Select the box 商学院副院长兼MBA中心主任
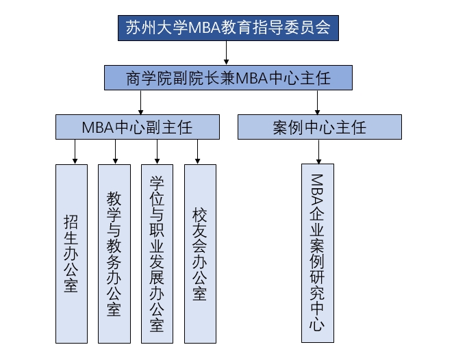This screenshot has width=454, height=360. point(228,77)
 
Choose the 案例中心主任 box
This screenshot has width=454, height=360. point(319,127)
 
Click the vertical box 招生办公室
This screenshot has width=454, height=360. point(71,253)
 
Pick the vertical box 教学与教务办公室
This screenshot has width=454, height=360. point(114,253)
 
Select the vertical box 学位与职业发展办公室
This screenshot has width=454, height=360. point(157,253)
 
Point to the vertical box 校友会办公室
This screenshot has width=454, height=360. point(200,253)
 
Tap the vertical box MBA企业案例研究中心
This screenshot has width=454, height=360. point(317,253)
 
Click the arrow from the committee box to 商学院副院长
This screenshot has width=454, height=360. point(227,53)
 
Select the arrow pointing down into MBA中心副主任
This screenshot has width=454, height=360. point(140,103)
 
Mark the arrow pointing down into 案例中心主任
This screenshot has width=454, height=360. point(318,103)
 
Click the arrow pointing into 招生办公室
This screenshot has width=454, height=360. point(74,152)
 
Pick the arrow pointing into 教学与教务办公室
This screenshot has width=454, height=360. point(116,152)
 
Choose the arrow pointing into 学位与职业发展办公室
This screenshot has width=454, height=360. point(157,152)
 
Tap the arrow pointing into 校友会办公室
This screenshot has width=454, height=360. point(197,152)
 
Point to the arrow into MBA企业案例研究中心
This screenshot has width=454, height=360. point(318,152)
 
